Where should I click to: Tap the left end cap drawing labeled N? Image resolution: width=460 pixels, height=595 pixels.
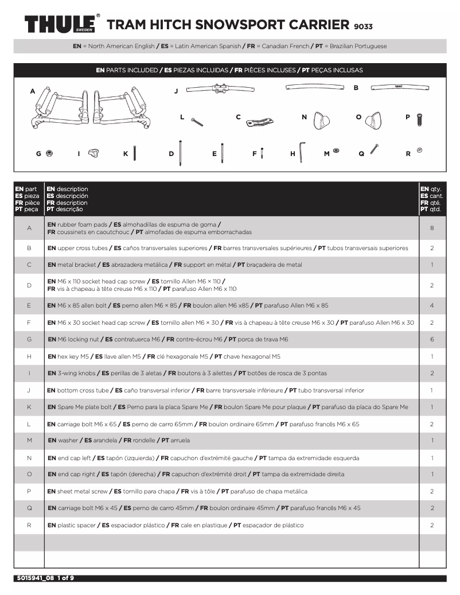[x=322, y=120]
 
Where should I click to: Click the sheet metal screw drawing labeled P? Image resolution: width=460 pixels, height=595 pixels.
[x=421, y=120]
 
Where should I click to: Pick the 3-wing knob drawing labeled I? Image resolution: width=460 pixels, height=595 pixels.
[x=93, y=153]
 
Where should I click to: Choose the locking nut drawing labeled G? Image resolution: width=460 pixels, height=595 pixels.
[x=50, y=153]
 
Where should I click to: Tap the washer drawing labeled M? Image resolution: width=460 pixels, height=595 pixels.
[x=336, y=151]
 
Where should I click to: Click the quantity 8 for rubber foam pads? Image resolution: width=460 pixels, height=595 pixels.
[x=432, y=228]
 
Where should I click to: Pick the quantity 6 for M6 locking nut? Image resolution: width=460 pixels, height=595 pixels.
[x=432, y=339]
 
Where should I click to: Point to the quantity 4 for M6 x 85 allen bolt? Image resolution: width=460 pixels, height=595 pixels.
[x=432, y=305]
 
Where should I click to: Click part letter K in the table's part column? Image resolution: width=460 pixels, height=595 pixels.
[x=29, y=407]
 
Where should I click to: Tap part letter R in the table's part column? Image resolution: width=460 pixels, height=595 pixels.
[x=29, y=525]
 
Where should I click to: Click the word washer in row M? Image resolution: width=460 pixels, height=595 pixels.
[x=67, y=440]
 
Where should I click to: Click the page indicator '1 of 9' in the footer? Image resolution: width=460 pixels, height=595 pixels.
[x=65, y=578]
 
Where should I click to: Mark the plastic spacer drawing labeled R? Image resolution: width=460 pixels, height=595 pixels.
[x=419, y=150]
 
